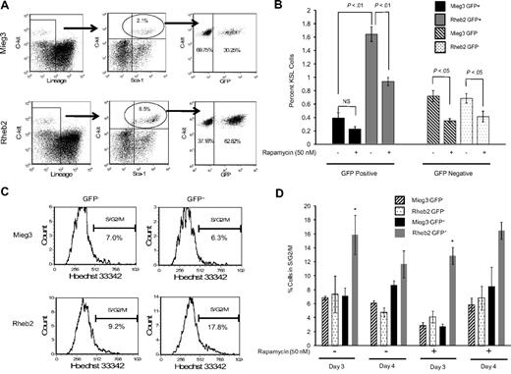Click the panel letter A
click(7, 8)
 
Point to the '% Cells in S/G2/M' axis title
click(274, 271)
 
